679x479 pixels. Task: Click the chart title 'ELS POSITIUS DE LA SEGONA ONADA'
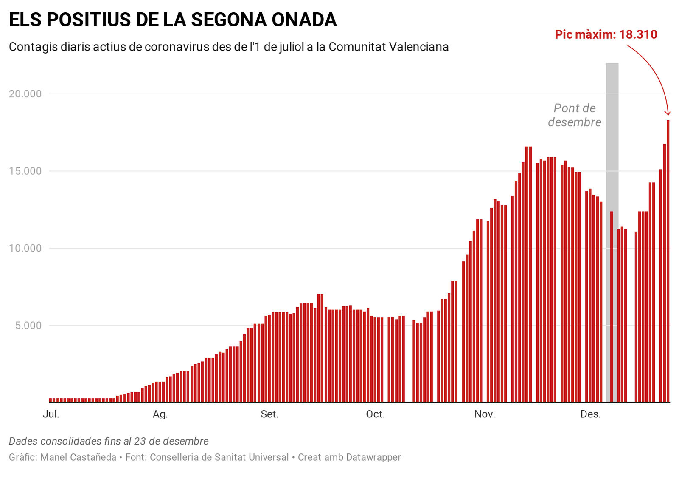tap(173, 20)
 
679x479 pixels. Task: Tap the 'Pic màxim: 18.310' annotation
tap(606, 34)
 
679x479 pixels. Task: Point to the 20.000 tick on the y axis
tap(25, 94)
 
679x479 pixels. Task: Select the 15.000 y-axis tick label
tap(25, 171)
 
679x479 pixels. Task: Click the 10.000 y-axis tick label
tap(25, 248)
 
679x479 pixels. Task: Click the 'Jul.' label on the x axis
tap(51, 414)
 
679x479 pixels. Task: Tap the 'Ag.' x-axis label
tap(160, 414)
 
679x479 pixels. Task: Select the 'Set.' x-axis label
tap(269, 414)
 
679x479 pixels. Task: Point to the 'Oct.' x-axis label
tap(375, 414)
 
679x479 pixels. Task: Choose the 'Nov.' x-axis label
tap(485, 414)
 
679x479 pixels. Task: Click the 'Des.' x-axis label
tap(590, 414)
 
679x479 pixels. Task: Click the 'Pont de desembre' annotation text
tap(575, 115)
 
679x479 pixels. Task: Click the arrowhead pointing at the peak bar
tap(668, 113)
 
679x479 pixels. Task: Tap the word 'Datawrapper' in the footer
tap(373, 457)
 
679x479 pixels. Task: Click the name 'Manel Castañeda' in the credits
tap(78, 457)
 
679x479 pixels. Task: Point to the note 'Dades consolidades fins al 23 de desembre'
tap(109, 441)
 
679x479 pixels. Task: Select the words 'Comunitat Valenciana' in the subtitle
tap(388, 47)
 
